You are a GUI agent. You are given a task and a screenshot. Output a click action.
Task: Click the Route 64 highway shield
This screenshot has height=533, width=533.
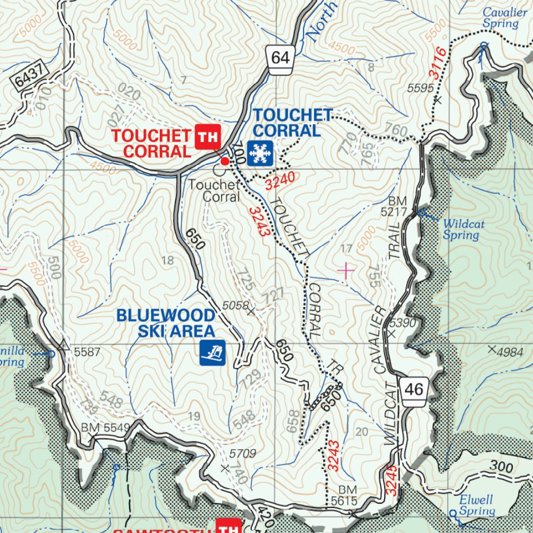pyautogui.click(x=280, y=57)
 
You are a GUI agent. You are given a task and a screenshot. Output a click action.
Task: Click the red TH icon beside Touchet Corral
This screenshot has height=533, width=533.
pyautogui.click(x=208, y=137)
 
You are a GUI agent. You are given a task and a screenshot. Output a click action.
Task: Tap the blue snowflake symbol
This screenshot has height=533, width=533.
pyautogui.click(x=259, y=153)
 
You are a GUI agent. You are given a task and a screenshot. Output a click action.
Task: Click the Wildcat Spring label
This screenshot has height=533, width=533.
pyautogui.click(x=463, y=230)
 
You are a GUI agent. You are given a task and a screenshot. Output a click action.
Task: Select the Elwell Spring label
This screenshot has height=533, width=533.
pyautogui.click(x=476, y=505)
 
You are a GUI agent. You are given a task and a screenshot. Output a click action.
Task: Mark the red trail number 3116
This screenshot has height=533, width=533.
pyautogui.click(x=439, y=61)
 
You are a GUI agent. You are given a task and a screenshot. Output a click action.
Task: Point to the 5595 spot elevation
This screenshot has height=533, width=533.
pyautogui.click(x=421, y=88)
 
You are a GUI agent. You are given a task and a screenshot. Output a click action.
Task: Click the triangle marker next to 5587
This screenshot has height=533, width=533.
pyautogui.click(x=64, y=345)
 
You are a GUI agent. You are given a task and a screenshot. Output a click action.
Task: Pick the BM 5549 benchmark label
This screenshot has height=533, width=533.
pyautogui.click(x=105, y=428)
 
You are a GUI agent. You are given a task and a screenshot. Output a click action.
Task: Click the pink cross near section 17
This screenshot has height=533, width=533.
pyautogui.click(x=346, y=270)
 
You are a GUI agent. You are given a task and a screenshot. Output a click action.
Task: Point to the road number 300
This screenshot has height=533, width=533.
pyautogui.click(x=501, y=467)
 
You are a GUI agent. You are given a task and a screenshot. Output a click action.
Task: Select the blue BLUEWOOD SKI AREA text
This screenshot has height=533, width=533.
pyautogui.click(x=166, y=323)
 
